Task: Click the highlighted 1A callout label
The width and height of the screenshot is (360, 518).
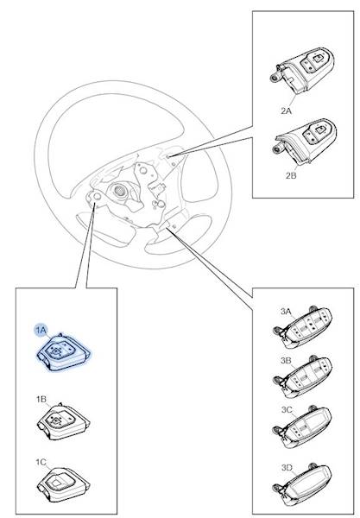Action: click(41, 330)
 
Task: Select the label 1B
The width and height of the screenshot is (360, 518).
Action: click(41, 400)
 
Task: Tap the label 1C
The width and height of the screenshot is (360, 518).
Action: click(41, 462)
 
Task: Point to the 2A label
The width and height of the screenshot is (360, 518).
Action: click(287, 111)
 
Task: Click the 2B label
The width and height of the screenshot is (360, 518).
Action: click(291, 175)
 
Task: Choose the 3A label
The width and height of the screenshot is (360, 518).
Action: click(286, 311)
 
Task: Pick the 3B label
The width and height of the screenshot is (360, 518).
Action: click(286, 361)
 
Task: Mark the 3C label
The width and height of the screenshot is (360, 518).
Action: click(287, 410)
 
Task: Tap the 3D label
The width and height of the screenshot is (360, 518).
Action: click(287, 468)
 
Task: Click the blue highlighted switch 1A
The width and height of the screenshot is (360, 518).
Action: click(63, 352)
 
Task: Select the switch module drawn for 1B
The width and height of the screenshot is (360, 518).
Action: click(63, 421)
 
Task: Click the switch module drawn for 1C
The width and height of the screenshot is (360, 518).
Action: click(63, 484)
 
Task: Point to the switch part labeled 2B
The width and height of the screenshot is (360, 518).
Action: click(305, 142)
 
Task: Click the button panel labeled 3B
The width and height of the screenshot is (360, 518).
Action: click(302, 376)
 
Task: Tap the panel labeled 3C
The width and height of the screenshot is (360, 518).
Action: click(302, 426)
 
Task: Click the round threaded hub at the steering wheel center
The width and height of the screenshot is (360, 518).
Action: click(119, 191)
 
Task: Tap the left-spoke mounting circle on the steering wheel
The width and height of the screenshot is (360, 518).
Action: click(97, 197)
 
